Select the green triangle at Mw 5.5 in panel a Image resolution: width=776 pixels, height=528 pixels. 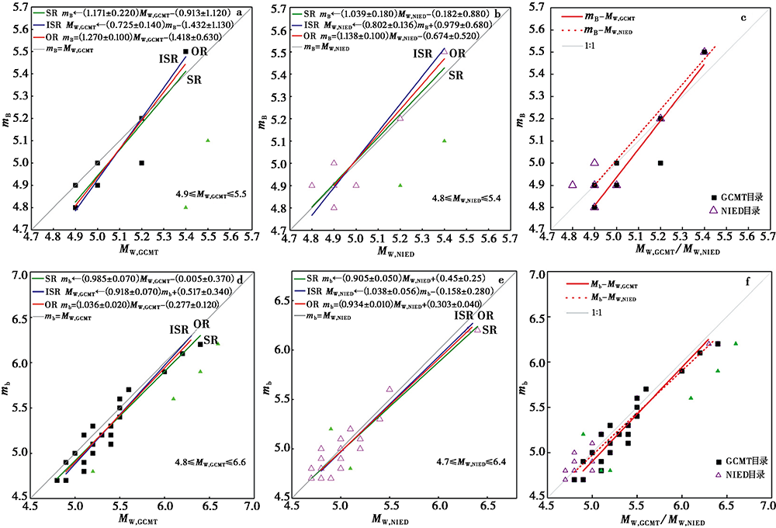click(208, 141)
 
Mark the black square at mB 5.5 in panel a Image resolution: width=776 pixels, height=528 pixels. click(185, 52)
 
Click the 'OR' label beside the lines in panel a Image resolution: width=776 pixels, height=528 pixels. click(200, 52)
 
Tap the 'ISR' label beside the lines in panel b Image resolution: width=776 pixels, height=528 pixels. click(423, 54)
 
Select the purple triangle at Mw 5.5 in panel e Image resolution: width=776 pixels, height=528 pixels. click(390, 389)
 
